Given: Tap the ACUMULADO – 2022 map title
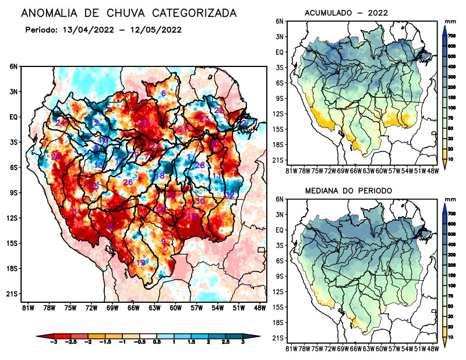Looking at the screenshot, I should (x=346, y=12).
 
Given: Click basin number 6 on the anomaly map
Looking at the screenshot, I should (x=164, y=93).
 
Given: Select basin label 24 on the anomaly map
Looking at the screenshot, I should (x=61, y=122).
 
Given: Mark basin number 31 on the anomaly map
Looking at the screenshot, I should (x=76, y=211).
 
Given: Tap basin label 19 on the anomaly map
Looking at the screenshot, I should (x=140, y=263).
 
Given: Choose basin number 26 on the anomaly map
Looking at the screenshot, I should (x=128, y=182).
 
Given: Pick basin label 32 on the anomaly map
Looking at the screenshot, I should (x=230, y=195).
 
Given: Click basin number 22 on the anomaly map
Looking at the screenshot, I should (x=219, y=110).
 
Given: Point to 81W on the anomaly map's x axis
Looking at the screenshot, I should (x=27, y=307).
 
